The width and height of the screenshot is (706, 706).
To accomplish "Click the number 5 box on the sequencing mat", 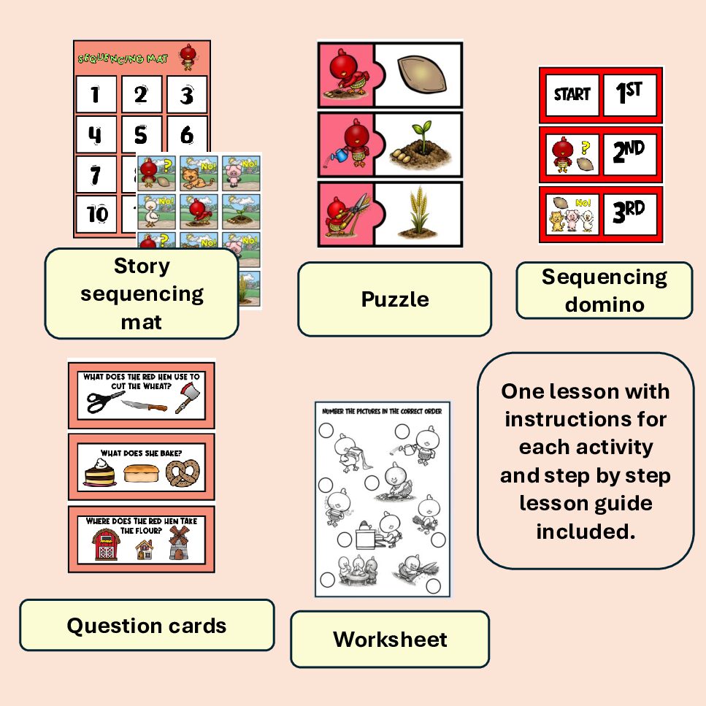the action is (x=142, y=134).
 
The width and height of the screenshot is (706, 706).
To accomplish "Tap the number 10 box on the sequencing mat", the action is (x=96, y=214).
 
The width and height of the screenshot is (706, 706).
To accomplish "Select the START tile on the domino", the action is (x=572, y=95).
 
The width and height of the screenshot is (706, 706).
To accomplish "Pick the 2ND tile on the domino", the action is (x=629, y=154).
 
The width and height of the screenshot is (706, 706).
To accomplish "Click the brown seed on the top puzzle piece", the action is (x=421, y=74).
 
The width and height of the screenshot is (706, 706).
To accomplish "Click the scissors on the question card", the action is (x=104, y=401).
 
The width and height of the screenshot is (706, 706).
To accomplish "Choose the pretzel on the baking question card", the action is (x=183, y=473).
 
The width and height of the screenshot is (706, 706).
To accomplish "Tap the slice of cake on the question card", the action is (x=99, y=473).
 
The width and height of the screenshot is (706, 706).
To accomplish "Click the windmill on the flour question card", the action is (x=179, y=543).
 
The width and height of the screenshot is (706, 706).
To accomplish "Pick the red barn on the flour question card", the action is (x=107, y=545).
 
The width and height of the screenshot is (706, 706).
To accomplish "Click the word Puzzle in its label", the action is (x=395, y=300).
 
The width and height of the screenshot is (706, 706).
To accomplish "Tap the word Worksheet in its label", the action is (x=390, y=640).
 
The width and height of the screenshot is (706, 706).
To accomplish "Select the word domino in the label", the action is (x=605, y=305).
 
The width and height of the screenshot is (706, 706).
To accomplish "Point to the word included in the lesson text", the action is (x=586, y=532).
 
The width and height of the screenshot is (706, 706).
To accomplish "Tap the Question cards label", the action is (x=147, y=625).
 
